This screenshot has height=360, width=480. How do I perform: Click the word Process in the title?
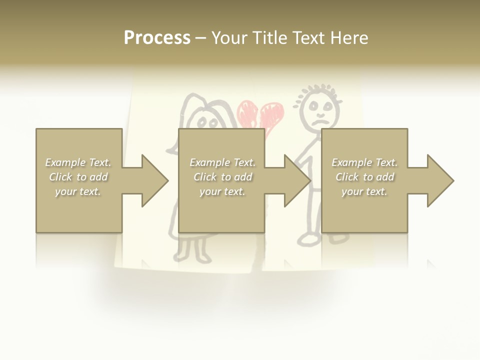[157, 38]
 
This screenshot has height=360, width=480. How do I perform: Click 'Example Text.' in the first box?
[78, 162]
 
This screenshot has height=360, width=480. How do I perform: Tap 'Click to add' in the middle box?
[223, 177]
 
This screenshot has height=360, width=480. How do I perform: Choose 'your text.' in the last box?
[364, 191]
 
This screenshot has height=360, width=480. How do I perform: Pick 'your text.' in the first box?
[78, 191]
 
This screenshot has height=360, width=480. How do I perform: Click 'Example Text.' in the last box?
[364, 162]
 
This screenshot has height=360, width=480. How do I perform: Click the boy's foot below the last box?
[310, 240]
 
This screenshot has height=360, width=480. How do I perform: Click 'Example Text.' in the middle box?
[223, 162]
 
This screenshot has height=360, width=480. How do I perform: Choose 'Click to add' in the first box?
[78, 177]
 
